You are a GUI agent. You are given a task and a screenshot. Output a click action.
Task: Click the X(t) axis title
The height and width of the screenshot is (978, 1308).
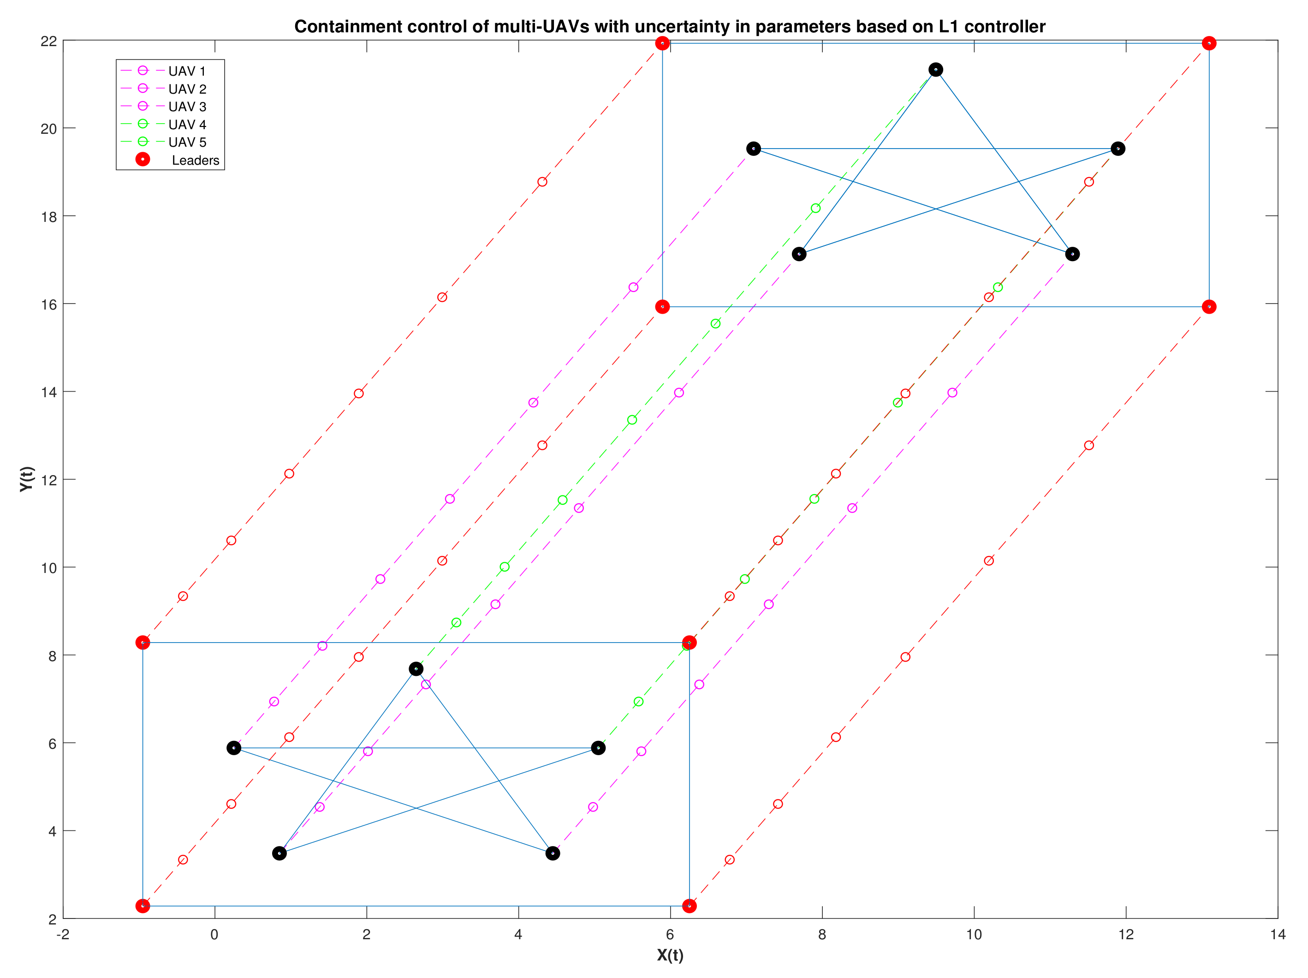[x=670, y=955]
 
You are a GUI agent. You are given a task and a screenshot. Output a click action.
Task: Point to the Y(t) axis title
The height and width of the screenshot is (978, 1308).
[x=27, y=479]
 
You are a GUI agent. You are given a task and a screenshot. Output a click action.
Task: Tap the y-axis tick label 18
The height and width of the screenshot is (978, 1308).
[x=49, y=216]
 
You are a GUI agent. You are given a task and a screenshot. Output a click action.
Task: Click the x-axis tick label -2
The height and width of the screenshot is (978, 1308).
[x=63, y=935]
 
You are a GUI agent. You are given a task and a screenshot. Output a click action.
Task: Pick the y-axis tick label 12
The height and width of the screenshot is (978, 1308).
[x=49, y=479]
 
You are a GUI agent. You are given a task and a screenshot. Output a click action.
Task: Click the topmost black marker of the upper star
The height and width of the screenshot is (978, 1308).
[x=935, y=70]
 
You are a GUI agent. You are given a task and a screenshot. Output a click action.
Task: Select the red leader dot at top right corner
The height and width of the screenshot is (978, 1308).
[x=1209, y=43]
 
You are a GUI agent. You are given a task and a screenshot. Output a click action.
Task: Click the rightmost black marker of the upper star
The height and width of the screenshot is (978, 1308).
[x=1118, y=149]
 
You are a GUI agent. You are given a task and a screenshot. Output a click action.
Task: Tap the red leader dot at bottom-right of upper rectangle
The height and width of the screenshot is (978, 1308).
[x=1209, y=307]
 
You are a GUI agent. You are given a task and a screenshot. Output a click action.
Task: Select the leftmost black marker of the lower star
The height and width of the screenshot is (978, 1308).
[x=234, y=748]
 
